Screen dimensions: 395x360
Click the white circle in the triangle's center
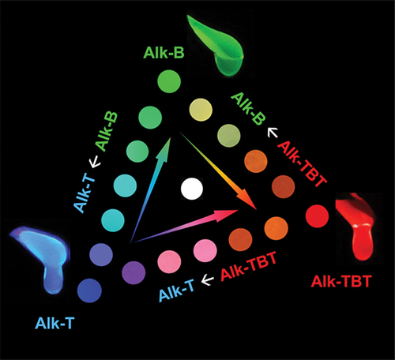click(x=192, y=189)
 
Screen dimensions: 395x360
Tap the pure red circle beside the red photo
click(x=318, y=216)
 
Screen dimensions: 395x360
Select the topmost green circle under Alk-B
click(x=169, y=81)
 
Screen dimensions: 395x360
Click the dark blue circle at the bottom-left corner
click(x=89, y=291)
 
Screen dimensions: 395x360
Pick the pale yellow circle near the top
click(x=201, y=110)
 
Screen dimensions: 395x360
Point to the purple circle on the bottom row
click(x=134, y=272)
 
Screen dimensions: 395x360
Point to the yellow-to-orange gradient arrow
click(x=219, y=171)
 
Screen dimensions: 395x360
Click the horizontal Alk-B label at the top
click(x=164, y=53)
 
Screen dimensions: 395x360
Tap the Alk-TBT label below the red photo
click(x=341, y=282)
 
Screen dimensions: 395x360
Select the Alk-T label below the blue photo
click(x=55, y=323)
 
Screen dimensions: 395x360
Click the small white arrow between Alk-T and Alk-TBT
click(x=208, y=280)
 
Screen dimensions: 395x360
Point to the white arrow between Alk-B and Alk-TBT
click(x=273, y=132)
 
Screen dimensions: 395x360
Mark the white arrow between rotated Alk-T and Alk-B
click(x=96, y=161)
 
